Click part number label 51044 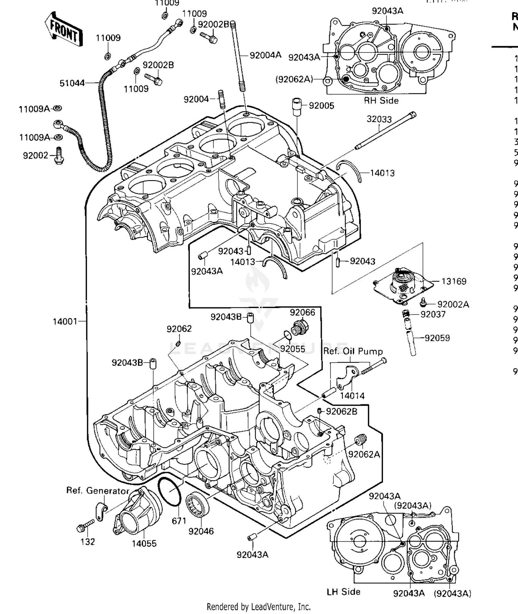click(x=72, y=83)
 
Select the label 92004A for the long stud click(x=265, y=55)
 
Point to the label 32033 click(x=379, y=119)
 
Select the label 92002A click(x=453, y=305)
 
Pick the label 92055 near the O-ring click(x=292, y=349)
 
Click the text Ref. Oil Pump click(x=353, y=352)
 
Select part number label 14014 click(x=352, y=396)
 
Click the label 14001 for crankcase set click(x=65, y=322)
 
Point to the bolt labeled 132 click(x=85, y=526)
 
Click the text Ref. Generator click(x=98, y=491)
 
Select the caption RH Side click(x=381, y=101)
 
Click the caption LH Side click(x=343, y=592)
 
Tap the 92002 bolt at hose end click(x=59, y=156)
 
